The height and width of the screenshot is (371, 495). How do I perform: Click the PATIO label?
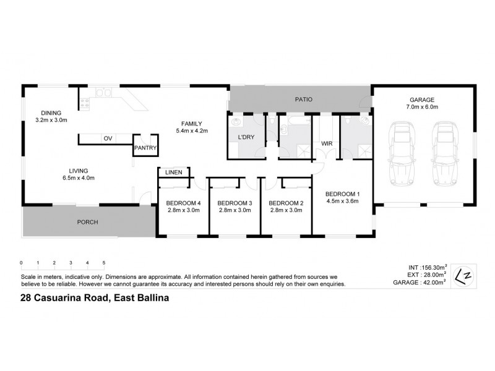point(303,99)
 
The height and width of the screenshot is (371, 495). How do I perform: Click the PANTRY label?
point(145,148)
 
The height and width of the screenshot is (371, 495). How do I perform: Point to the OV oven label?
point(108,138)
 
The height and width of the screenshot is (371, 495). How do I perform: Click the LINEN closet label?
point(173,173)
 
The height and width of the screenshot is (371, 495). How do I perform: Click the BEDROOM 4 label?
point(184,203)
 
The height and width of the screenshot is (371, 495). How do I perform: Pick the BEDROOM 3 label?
point(235,203)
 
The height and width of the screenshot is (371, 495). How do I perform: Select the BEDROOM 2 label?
point(286,203)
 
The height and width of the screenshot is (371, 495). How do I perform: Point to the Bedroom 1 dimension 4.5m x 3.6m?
point(343,200)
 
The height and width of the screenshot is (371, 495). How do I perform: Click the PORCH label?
point(87,222)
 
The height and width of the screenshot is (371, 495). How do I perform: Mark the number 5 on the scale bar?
point(104,263)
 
